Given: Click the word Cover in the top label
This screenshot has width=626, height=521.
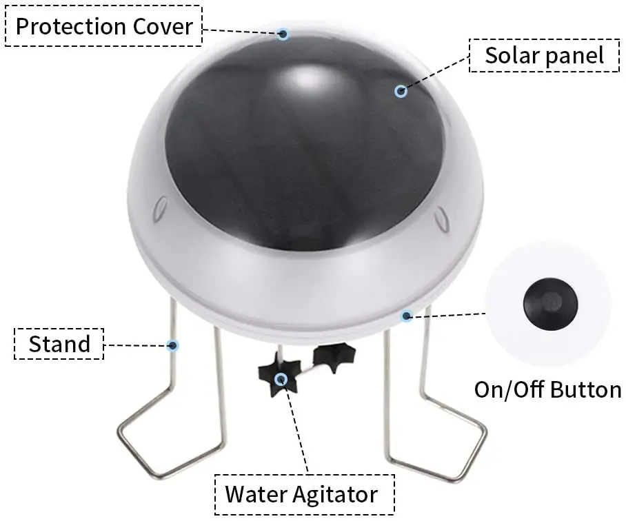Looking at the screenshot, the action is pos(163,26).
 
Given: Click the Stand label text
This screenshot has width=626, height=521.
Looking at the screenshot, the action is pos(59,344).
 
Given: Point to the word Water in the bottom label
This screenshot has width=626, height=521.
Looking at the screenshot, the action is pos(256,494).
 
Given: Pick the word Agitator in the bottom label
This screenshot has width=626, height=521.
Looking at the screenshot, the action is pos(335,495).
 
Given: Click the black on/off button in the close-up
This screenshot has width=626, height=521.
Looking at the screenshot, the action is pos(551,304).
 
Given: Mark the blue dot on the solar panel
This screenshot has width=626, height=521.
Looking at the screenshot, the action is pos(401,91).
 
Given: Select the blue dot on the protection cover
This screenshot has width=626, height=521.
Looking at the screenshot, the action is pos(283,34).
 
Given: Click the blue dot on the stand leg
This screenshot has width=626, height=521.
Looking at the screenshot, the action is pos(172,345).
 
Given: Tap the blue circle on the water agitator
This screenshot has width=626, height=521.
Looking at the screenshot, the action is pos(281,378).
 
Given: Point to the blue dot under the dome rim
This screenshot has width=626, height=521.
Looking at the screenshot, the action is pos(407,316).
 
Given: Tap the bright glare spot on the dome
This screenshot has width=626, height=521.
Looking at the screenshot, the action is pos(307,77).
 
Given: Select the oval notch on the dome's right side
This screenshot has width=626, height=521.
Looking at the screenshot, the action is pos(441,219).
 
